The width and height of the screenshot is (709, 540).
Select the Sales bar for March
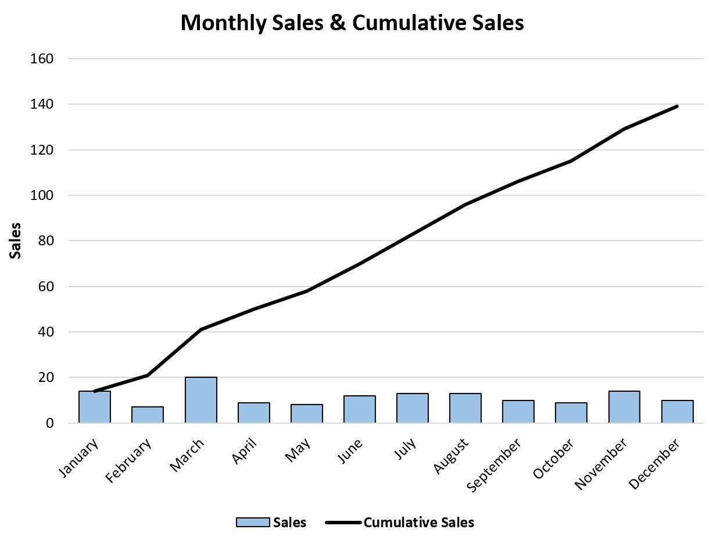(201, 400)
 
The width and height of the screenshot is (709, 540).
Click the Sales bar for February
(148, 415)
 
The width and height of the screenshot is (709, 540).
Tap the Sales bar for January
(95, 407)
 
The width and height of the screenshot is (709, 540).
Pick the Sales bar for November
(624, 407)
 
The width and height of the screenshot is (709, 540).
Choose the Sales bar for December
(677, 412)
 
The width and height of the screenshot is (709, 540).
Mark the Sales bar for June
(359, 409)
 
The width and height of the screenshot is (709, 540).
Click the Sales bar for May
(306, 414)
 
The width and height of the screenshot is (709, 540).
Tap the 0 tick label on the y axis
(51, 423)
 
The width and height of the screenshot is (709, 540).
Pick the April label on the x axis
(245, 450)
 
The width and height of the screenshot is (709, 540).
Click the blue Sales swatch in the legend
(253, 523)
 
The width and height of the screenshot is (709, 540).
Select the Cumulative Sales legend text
(418, 523)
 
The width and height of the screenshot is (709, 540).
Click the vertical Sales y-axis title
(16, 241)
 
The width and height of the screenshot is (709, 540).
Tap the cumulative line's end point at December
(677, 106)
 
